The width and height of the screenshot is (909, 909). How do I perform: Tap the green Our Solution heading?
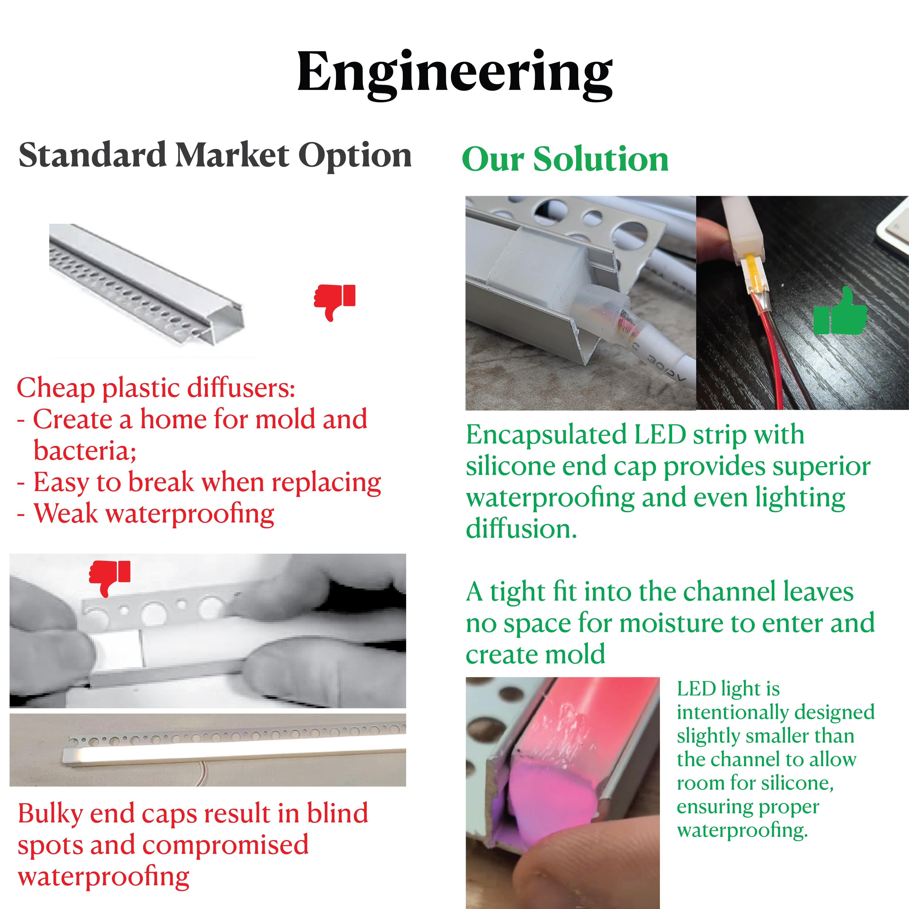coord(565,159)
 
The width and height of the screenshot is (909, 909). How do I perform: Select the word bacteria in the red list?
coord(85,451)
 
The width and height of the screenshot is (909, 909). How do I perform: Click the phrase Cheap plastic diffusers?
coord(156,388)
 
